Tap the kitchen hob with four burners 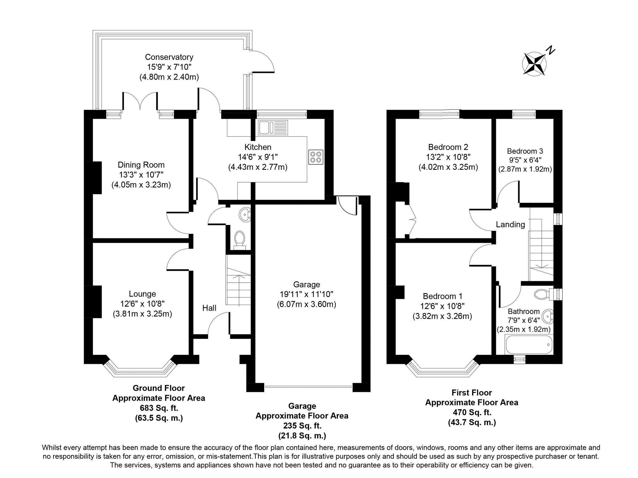click(316, 157)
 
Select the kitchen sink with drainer click(273, 128)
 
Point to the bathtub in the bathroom click(528, 345)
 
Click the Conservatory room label click(169, 57)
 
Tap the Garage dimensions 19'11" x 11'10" click(306, 294)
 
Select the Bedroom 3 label click(525, 151)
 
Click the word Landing click(510, 224)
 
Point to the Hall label click(209, 308)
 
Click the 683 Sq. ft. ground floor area click(159, 408)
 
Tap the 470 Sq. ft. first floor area click(472, 413)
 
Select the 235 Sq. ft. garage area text click(302, 426)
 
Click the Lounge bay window click(140, 371)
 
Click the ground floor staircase click(238, 285)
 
